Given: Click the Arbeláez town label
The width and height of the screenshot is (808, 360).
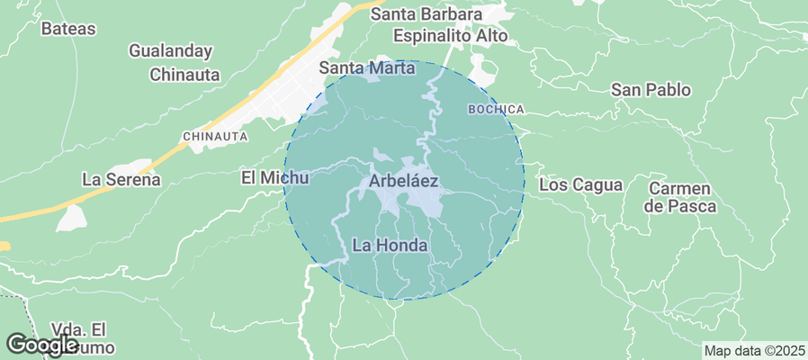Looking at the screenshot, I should [x=403, y=181].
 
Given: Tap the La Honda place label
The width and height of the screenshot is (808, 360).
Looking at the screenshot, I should [x=390, y=245].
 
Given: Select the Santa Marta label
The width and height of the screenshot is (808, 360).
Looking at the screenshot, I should [x=368, y=68].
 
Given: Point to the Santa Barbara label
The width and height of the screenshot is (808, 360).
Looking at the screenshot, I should [x=426, y=15].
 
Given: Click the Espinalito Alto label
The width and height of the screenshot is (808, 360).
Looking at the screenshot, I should [x=451, y=36].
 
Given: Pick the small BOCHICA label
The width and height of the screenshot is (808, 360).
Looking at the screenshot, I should [x=496, y=109].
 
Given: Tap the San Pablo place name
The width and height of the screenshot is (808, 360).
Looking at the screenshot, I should [x=651, y=90].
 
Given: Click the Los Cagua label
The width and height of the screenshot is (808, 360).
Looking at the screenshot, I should [x=581, y=185].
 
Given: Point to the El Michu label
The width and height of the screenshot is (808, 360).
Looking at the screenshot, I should [x=275, y=177].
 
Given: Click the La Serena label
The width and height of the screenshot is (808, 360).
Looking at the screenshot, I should [x=121, y=179].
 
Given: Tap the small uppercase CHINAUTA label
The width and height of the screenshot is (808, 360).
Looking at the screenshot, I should [x=215, y=136].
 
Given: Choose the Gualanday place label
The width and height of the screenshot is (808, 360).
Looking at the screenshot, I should [x=171, y=51].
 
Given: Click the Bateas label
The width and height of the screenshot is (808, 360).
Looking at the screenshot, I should [x=68, y=28].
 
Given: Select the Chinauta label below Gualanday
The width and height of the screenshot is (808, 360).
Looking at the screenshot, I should [x=184, y=75].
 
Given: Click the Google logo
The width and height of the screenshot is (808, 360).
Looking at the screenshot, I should [x=41, y=343].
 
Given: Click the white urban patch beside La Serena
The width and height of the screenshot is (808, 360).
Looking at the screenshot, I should [x=70, y=217].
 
